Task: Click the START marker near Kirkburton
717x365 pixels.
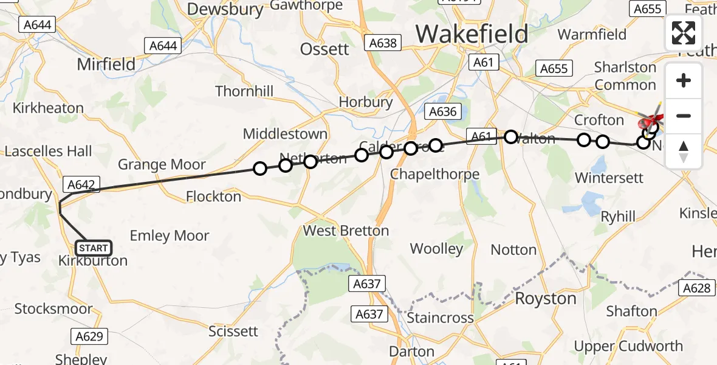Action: tap(93, 248)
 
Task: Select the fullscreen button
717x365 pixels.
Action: tap(684, 33)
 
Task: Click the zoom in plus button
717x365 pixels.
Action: tap(684, 80)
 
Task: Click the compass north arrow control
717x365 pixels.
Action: tap(684, 151)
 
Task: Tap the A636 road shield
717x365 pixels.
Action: tap(442, 111)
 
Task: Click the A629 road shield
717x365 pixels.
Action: tap(89, 336)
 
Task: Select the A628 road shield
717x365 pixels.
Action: tap(696, 288)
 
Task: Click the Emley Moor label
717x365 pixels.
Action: tap(170, 236)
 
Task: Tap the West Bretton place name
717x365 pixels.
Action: tap(346, 231)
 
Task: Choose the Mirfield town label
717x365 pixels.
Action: tap(106, 64)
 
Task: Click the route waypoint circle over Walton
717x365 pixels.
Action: tap(511, 137)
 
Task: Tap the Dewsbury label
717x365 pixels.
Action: tap(225, 9)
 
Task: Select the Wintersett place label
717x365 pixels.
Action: tap(608, 178)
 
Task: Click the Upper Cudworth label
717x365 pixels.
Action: tap(628, 346)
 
